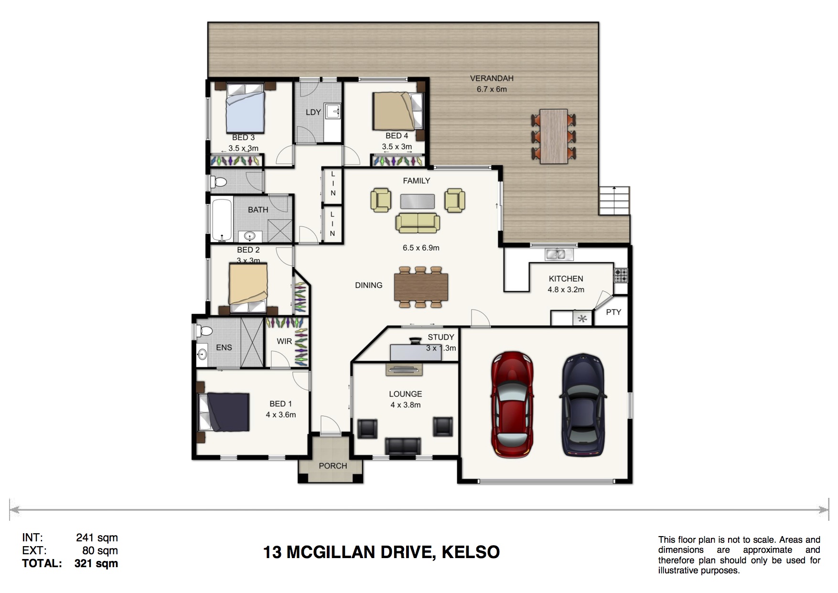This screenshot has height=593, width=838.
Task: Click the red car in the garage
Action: point(512,405)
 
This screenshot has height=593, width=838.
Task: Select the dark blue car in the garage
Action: point(583,405)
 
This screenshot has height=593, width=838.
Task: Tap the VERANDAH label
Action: point(492,78)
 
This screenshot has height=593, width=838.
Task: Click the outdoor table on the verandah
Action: point(554,137)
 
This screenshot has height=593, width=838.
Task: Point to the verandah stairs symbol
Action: point(614,200)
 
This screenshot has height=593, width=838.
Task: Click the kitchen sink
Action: point(559,254)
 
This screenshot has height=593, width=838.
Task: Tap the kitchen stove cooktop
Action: point(621,275)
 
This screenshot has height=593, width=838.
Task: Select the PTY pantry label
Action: point(613,312)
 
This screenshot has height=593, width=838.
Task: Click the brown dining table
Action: point(421,287)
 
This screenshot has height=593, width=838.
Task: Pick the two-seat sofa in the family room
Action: point(418,223)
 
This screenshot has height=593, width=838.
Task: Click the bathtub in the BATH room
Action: point(222,220)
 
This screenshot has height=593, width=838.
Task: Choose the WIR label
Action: point(284,341)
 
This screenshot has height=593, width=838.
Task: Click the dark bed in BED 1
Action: point(225,412)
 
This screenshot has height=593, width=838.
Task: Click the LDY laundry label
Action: point(313,112)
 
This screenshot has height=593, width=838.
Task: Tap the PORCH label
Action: point(333,466)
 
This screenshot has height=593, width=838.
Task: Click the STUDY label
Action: point(441,337)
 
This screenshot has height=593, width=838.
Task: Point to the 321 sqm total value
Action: point(96,563)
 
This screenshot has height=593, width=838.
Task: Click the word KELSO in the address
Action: point(471,552)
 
